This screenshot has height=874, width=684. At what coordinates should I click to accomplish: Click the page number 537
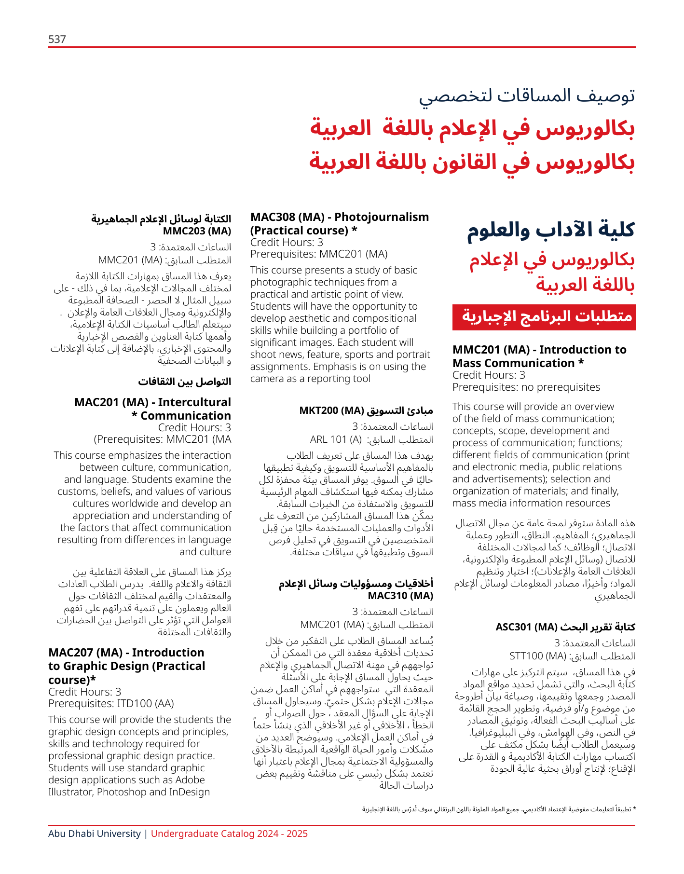(x=57, y=39)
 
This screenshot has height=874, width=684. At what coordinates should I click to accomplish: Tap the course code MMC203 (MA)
(x=197, y=231)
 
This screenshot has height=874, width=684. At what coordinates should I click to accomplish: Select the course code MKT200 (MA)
(x=331, y=410)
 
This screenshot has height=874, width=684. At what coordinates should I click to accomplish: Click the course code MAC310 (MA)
(x=400, y=596)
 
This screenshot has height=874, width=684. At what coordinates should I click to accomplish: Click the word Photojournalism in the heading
(x=381, y=217)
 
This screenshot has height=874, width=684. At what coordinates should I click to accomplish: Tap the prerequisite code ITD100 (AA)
(x=150, y=704)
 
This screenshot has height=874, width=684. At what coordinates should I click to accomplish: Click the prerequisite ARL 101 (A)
(x=336, y=439)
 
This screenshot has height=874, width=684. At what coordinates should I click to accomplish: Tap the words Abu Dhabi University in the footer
(x=95, y=834)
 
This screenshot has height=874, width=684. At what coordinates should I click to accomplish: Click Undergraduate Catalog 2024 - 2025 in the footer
(x=229, y=834)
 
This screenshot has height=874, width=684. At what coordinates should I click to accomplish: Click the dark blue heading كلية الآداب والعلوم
(x=550, y=230)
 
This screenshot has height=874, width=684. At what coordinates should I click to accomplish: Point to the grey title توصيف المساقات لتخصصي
(x=527, y=96)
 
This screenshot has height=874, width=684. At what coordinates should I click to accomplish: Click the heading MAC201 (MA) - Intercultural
(x=152, y=402)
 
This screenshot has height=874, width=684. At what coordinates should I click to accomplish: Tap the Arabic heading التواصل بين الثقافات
(x=185, y=382)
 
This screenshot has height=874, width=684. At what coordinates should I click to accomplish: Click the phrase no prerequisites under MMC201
(x=562, y=387)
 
